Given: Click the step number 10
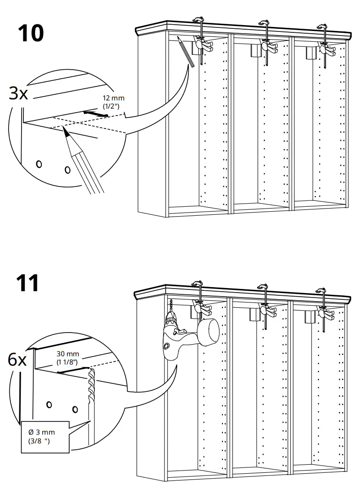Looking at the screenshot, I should [x=31, y=33].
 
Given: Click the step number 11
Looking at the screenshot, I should [x=28, y=283].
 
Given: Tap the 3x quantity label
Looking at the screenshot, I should [x=18, y=93].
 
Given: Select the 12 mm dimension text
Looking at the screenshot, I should [x=114, y=98].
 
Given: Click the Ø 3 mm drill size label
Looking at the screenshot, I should [x=42, y=432].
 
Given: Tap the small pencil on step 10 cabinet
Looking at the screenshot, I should [x=185, y=51].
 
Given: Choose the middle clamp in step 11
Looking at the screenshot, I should [x=265, y=303].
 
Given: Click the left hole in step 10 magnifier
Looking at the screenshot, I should [x=39, y=164].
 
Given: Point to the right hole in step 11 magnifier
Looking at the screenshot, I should [x=75, y=409].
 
